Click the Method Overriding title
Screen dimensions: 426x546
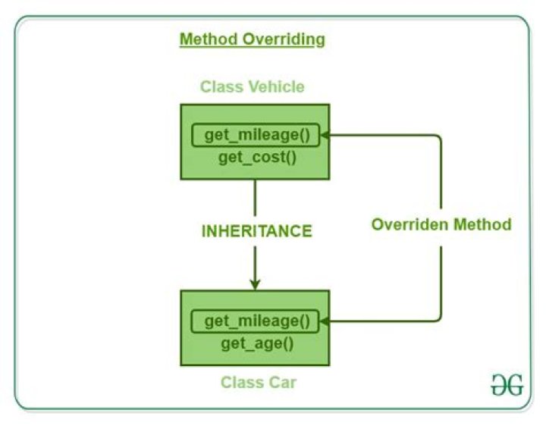pos(252,39)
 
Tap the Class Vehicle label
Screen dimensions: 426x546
pos(252,86)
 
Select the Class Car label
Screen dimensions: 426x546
pos(259,382)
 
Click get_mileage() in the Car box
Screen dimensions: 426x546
pos(256,321)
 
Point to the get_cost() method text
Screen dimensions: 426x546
pos(256,157)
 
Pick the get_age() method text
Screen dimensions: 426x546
pos(256,343)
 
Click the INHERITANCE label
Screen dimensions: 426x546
pos(256,231)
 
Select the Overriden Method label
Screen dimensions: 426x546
pos(441,225)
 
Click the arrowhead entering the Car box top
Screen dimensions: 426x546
pos(256,283)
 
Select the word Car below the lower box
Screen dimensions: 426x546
pos(281,382)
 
